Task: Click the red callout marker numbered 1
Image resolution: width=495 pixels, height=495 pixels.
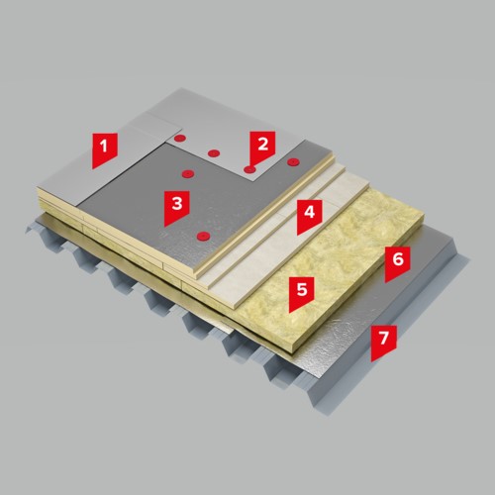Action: click(105, 148)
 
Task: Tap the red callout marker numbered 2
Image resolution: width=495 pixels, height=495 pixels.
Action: click(262, 147)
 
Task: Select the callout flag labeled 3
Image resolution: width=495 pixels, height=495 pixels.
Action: click(176, 206)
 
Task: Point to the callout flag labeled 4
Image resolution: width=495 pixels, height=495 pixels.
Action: click(309, 215)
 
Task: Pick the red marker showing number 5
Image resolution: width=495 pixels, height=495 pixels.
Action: click(302, 292)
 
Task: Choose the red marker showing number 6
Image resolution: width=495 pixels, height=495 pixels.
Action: click(398, 261)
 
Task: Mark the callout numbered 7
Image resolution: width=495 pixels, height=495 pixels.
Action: click(383, 341)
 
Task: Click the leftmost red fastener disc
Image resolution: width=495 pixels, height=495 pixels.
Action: click(179, 138)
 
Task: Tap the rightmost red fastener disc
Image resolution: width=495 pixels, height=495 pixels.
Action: click(293, 162)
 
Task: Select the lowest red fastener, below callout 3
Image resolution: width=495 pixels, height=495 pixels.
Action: click(203, 236)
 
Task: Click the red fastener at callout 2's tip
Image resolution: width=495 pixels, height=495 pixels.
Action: click(249, 169)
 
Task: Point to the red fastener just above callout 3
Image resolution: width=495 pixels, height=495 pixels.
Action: click(188, 173)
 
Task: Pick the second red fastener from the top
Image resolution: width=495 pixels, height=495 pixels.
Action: click(214, 153)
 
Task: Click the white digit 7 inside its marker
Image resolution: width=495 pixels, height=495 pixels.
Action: click(383, 338)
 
